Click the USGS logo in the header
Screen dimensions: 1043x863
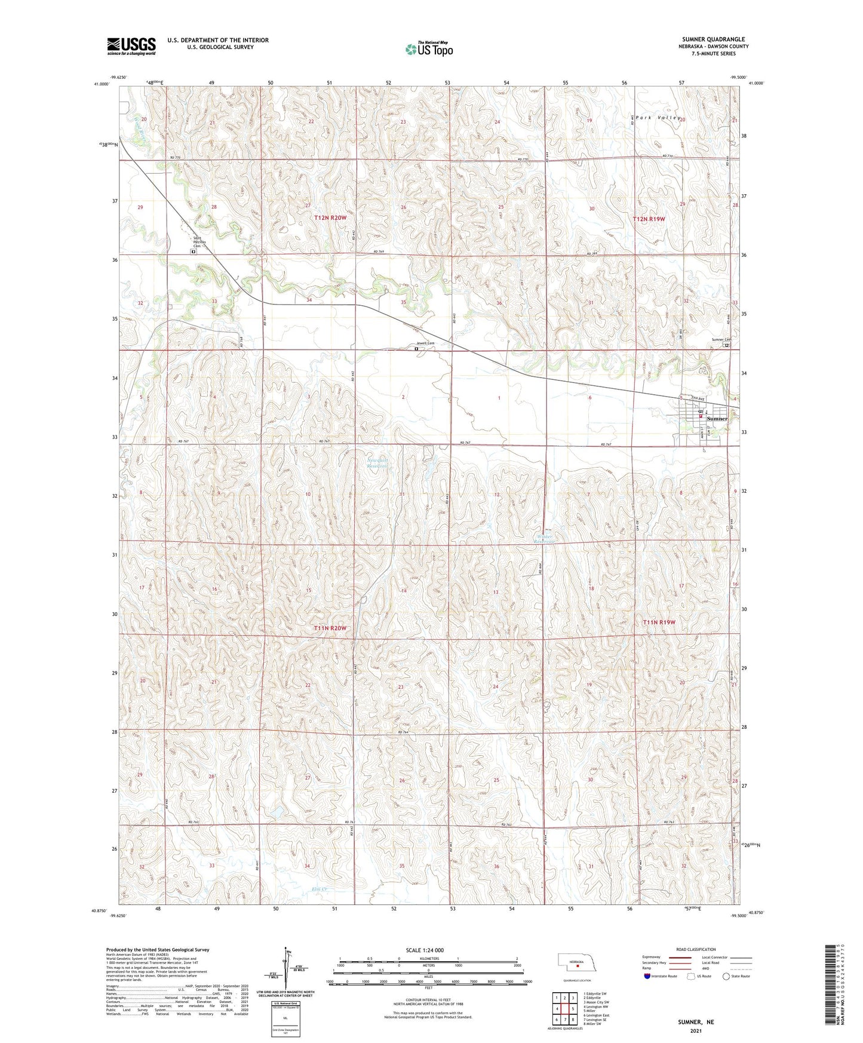coord(131,46)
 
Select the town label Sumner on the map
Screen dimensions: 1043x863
coord(717,419)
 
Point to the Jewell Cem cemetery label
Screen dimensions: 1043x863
coord(426,343)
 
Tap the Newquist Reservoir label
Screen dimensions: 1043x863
coord(377,463)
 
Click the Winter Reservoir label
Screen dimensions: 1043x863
coord(544,539)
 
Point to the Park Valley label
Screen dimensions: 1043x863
coord(655,118)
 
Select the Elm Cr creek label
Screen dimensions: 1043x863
coord(320,889)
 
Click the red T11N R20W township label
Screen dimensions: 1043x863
coord(330,628)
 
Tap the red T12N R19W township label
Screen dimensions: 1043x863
coord(649,219)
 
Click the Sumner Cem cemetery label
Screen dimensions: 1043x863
coord(721,340)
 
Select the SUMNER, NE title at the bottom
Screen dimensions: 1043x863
coord(696,1022)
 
